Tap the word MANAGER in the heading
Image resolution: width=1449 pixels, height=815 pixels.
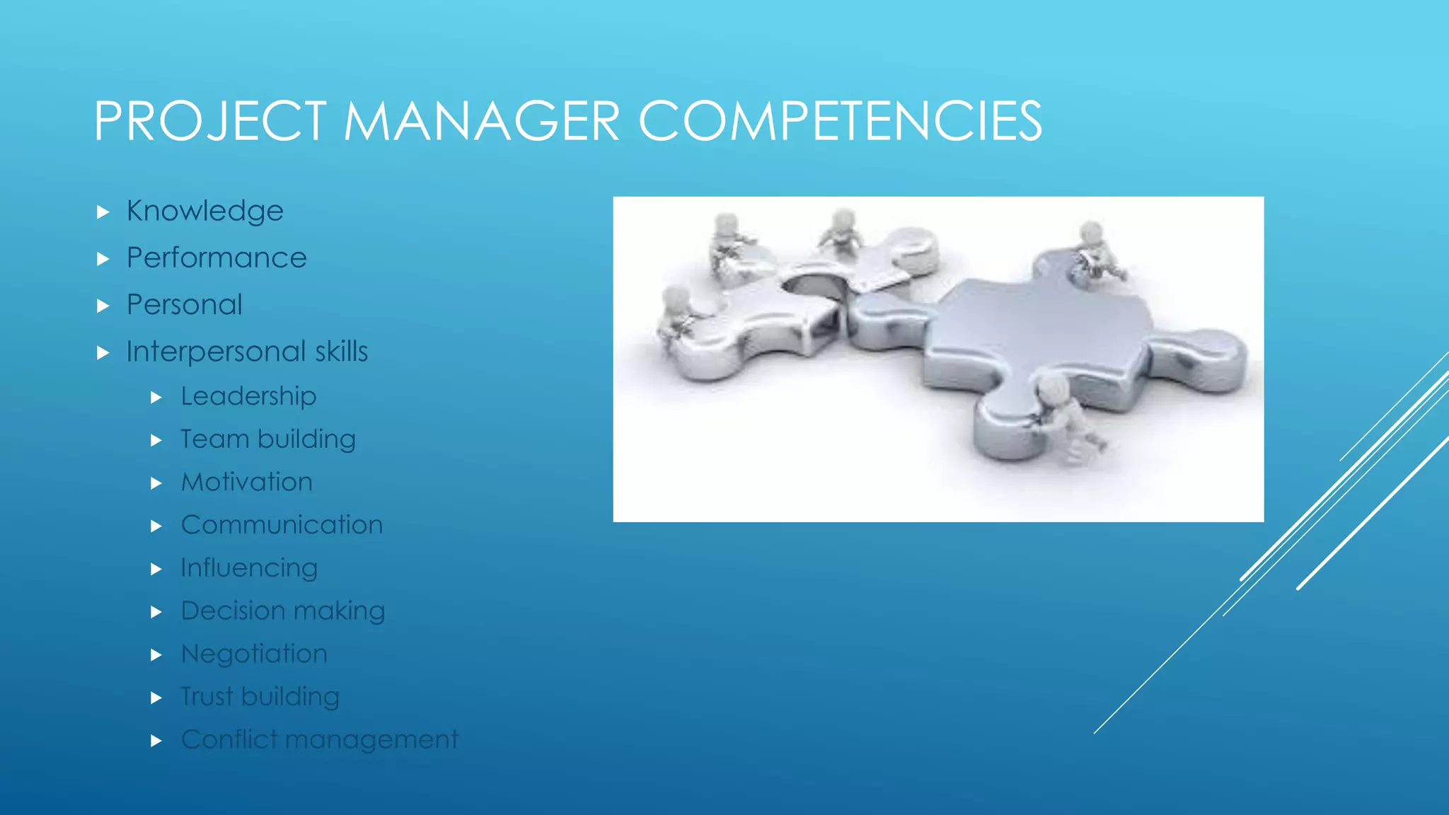(481, 121)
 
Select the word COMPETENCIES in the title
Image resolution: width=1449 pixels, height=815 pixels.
(840, 121)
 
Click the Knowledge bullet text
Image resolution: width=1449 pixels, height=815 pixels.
(204, 211)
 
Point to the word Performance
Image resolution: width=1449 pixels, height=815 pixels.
(217, 258)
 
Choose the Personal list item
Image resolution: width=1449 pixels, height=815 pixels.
(184, 305)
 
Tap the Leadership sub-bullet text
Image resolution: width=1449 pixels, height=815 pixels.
(248, 396)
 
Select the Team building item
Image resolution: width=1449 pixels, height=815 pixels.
(267, 439)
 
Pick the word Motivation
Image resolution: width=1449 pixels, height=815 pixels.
(246, 482)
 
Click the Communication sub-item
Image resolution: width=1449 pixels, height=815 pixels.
(282, 525)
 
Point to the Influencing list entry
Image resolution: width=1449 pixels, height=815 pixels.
(249, 568)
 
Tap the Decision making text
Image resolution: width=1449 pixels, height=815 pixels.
(282, 611)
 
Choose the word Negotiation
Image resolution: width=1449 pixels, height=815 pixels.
(254, 654)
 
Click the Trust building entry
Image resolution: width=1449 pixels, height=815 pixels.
(260, 697)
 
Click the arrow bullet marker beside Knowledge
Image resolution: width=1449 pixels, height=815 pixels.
(103, 212)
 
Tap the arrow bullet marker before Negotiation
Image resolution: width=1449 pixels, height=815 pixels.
(157, 655)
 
